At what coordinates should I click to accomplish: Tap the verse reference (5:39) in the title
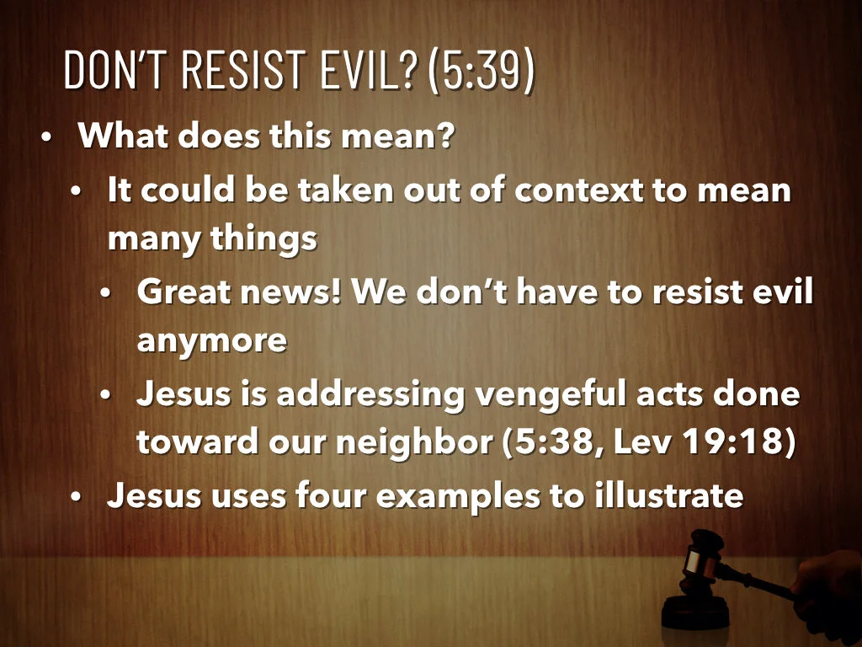click(x=481, y=72)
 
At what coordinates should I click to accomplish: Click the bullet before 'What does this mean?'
click(x=47, y=136)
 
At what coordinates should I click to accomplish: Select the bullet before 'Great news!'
click(x=105, y=294)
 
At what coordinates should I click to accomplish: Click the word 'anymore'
click(x=211, y=342)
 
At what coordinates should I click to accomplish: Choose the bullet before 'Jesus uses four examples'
click(x=76, y=497)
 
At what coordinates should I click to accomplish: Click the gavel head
click(x=702, y=556)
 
